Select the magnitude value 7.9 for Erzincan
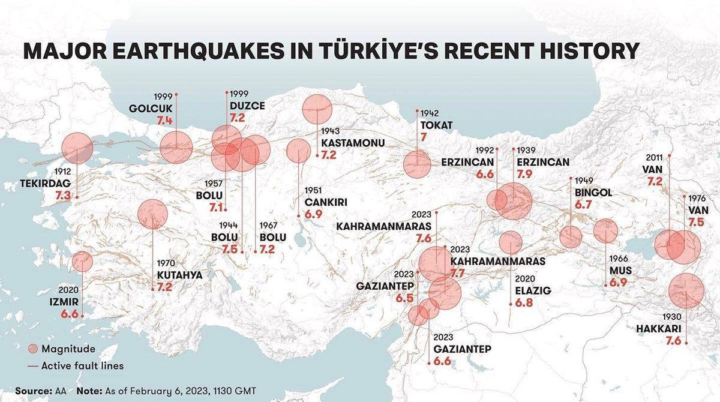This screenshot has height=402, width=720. [x=520, y=175]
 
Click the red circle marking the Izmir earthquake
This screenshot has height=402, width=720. [x=82, y=262]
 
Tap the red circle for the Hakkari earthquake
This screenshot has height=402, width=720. [x=686, y=291]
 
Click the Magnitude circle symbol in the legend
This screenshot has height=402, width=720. [x=33, y=349]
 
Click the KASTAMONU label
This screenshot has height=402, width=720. [x=353, y=143]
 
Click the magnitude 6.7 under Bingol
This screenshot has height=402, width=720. [x=583, y=205]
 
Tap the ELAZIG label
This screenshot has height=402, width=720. [x=533, y=290]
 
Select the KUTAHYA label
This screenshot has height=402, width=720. [x=179, y=275]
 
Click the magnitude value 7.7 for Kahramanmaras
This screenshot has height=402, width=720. [x=458, y=274]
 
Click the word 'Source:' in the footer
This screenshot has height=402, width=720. [x=34, y=391]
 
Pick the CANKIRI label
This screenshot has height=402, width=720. [x=326, y=202]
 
